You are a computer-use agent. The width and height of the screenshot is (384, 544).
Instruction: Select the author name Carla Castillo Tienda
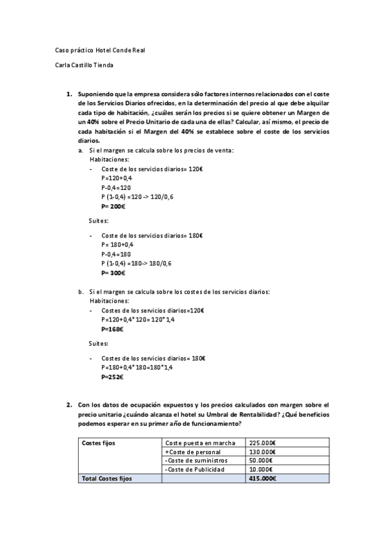tap(85, 64)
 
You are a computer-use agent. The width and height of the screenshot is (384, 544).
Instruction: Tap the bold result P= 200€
tap(113, 207)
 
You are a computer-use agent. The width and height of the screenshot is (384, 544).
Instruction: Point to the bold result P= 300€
tap(113, 273)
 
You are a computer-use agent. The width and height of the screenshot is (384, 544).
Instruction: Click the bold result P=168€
tap(112, 328)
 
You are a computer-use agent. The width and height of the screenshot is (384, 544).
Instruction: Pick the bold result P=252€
tap(112, 377)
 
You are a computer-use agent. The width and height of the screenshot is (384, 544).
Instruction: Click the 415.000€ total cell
tap(262, 479)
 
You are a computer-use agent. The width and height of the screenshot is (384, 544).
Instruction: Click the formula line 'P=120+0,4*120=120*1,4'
tap(138, 319)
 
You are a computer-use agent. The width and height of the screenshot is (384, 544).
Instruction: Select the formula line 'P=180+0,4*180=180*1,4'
tap(138, 368)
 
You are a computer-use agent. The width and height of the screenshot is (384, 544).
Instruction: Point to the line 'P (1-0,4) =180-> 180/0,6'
tap(137, 263)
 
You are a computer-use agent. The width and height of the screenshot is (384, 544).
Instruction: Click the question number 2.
tap(69, 405)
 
